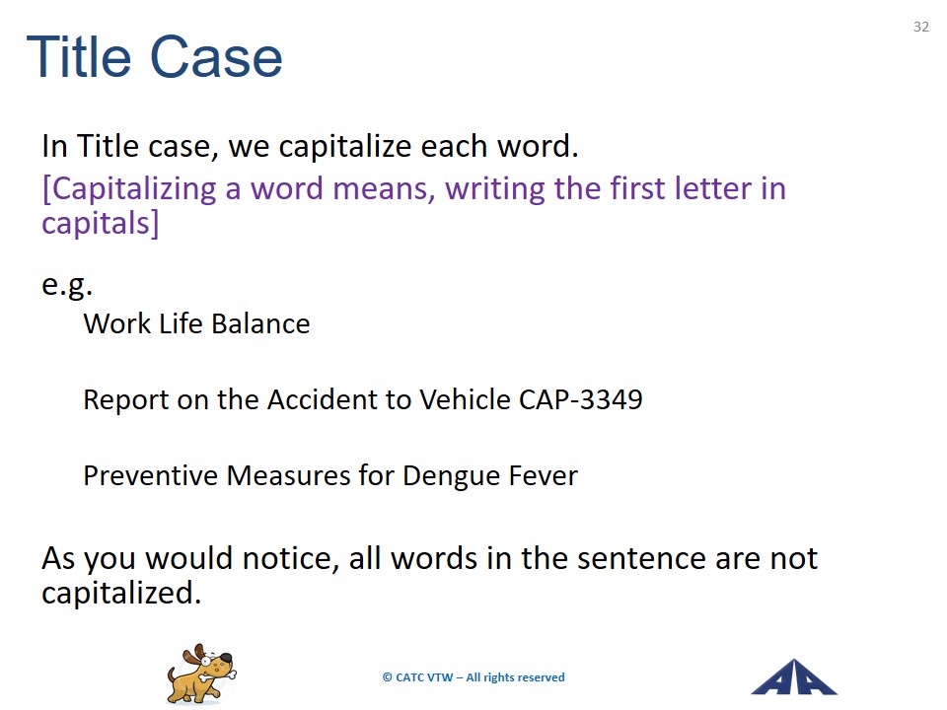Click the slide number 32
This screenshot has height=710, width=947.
point(920,27)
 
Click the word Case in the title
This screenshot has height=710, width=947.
point(216,57)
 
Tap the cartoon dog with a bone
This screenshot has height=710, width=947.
point(201,674)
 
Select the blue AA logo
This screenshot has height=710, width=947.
point(793,676)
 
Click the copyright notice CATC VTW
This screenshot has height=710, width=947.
point(473,677)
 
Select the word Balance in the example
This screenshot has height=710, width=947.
point(260,323)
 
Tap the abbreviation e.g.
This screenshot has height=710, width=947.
point(67,286)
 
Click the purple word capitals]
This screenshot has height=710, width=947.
point(101,224)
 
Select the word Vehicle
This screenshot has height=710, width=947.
point(465,399)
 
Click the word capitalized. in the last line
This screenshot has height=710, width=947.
point(121,593)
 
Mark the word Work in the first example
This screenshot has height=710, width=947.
point(117,323)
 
